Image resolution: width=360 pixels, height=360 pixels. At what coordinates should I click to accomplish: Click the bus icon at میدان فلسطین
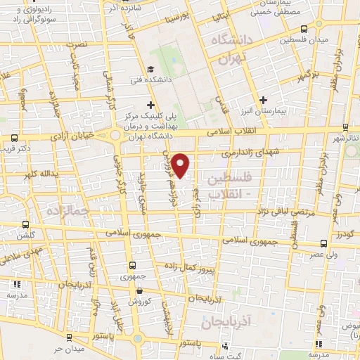[303, 29]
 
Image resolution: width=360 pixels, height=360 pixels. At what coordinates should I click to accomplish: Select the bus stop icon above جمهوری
[132, 265]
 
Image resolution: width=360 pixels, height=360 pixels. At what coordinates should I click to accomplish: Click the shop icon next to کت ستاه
[224, 346]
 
